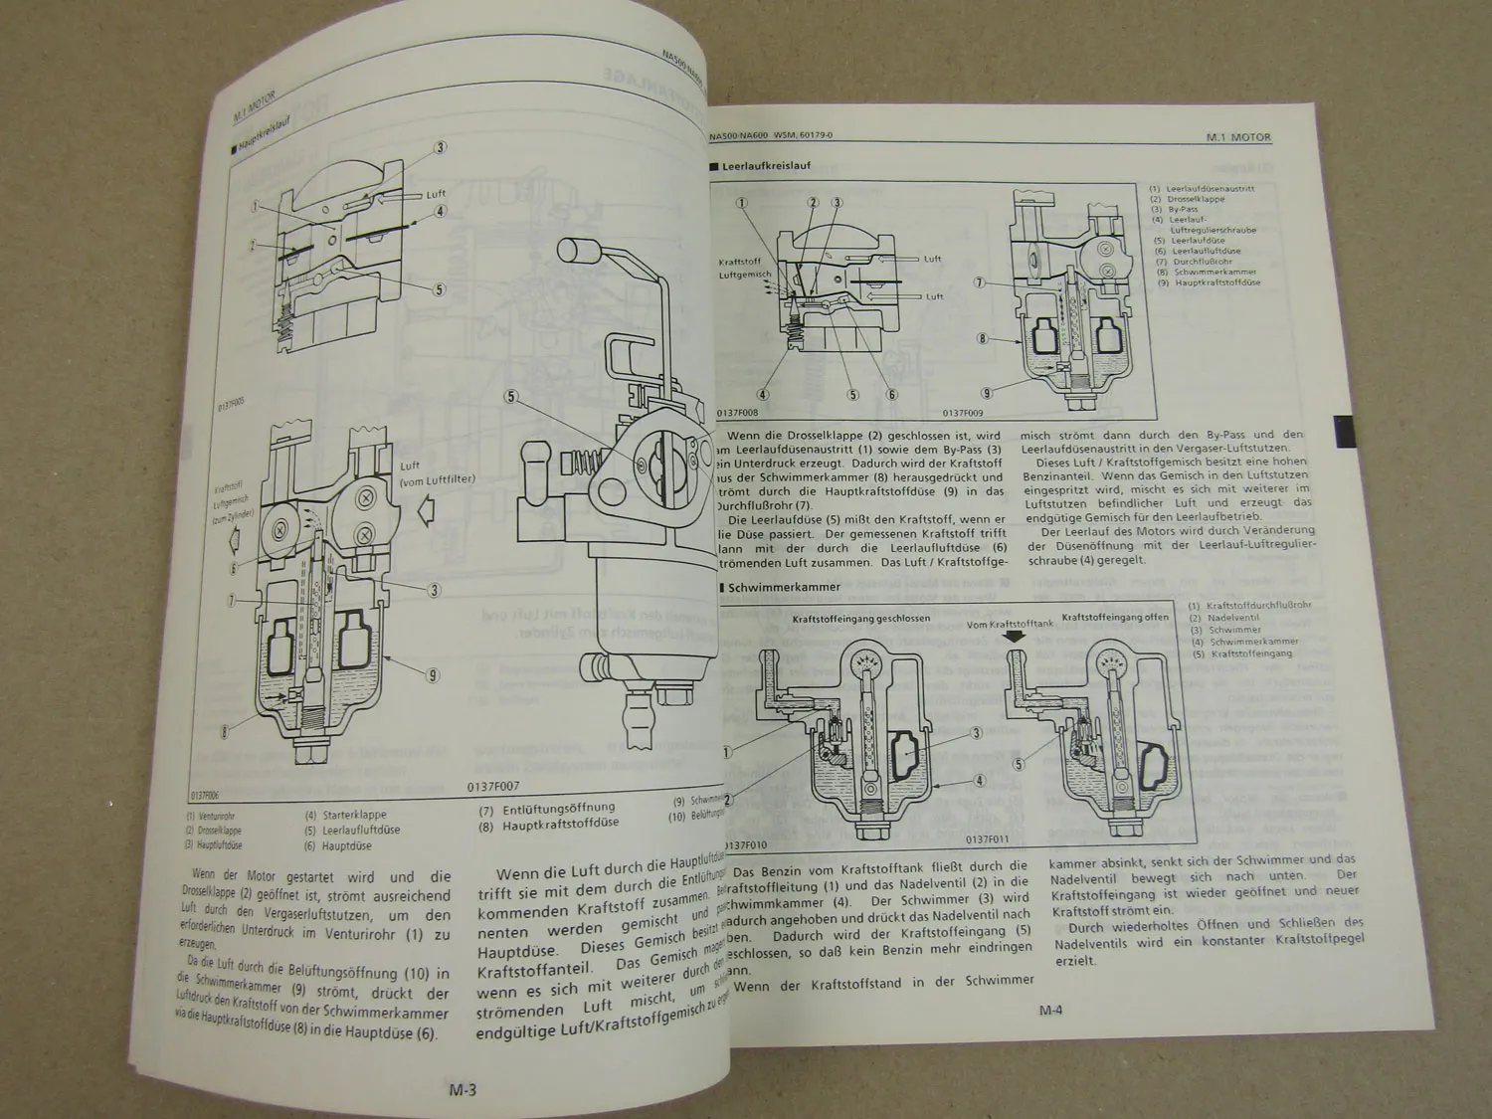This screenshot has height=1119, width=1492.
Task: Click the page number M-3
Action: click(x=462, y=1089)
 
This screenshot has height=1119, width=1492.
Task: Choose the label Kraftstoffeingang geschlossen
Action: click(x=861, y=618)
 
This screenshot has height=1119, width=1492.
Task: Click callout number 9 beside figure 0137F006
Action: click(x=433, y=676)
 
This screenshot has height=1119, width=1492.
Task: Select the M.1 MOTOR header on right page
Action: click(x=1237, y=138)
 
